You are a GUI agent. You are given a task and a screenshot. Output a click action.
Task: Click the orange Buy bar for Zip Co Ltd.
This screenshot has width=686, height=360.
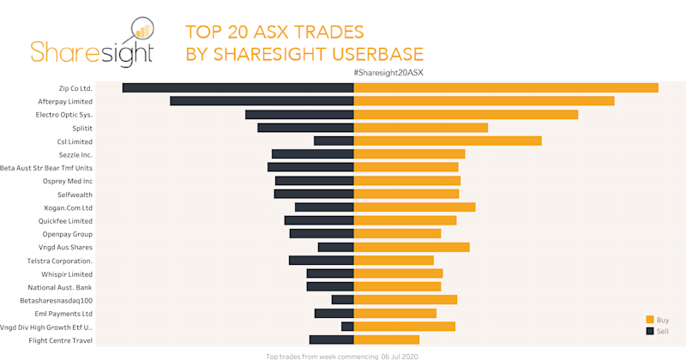tap(506, 88)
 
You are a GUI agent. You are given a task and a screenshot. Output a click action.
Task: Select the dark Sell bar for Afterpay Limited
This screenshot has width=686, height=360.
tap(262, 101)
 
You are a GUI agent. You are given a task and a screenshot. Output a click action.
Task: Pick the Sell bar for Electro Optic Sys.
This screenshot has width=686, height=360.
tap(299, 115)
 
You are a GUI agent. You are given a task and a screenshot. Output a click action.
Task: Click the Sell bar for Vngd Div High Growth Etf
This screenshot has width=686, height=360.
tap(347, 327)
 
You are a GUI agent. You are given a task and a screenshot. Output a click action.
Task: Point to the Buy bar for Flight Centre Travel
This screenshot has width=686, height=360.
tap(387, 340)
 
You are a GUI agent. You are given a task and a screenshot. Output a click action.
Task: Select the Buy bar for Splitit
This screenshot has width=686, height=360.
tap(421, 128)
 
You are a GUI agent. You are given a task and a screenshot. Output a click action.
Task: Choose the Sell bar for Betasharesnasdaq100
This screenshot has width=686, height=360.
tap(343, 300)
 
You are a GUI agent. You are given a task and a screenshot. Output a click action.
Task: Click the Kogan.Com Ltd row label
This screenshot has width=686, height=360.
tap(68, 207)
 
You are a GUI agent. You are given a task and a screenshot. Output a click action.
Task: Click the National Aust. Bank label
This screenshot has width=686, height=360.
tap(59, 287)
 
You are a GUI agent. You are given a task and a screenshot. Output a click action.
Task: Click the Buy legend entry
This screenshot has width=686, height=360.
tap(662, 319)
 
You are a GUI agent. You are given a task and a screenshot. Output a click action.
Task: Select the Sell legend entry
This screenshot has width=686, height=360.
tap(662, 330)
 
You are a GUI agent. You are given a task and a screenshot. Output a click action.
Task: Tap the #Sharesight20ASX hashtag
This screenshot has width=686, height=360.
tap(388, 73)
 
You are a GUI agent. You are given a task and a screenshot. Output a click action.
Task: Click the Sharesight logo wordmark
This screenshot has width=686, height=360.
tap(92, 51)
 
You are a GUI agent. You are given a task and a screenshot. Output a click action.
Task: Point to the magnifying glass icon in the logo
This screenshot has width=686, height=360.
tap(140, 28)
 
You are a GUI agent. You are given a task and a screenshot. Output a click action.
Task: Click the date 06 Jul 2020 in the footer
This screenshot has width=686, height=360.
tap(398, 356)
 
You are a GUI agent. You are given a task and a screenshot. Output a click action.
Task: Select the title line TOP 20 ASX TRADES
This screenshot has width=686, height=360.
tap(275, 33)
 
